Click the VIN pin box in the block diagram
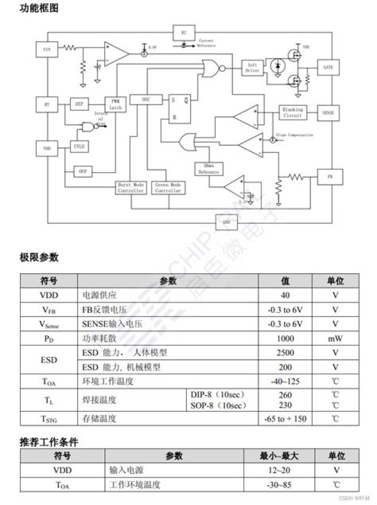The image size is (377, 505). tap(47, 50)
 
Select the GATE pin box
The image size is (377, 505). tap(328, 68)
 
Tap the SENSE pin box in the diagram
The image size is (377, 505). tap(328, 113)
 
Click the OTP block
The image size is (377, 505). tap(79, 104)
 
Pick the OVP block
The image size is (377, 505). tap(82, 171)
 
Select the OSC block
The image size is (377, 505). tap(146, 99)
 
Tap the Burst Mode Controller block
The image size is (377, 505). tap(130, 188)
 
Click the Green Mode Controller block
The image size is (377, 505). tap(168, 188)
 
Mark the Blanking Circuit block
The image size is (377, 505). tap(292, 112)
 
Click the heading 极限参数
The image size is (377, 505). tap(39, 257)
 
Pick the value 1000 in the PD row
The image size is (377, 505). tap(285, 338)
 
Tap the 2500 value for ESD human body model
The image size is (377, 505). tap(285, 352)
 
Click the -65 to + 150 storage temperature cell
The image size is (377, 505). tap(285, 418)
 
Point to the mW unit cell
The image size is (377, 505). tap(335, 338)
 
